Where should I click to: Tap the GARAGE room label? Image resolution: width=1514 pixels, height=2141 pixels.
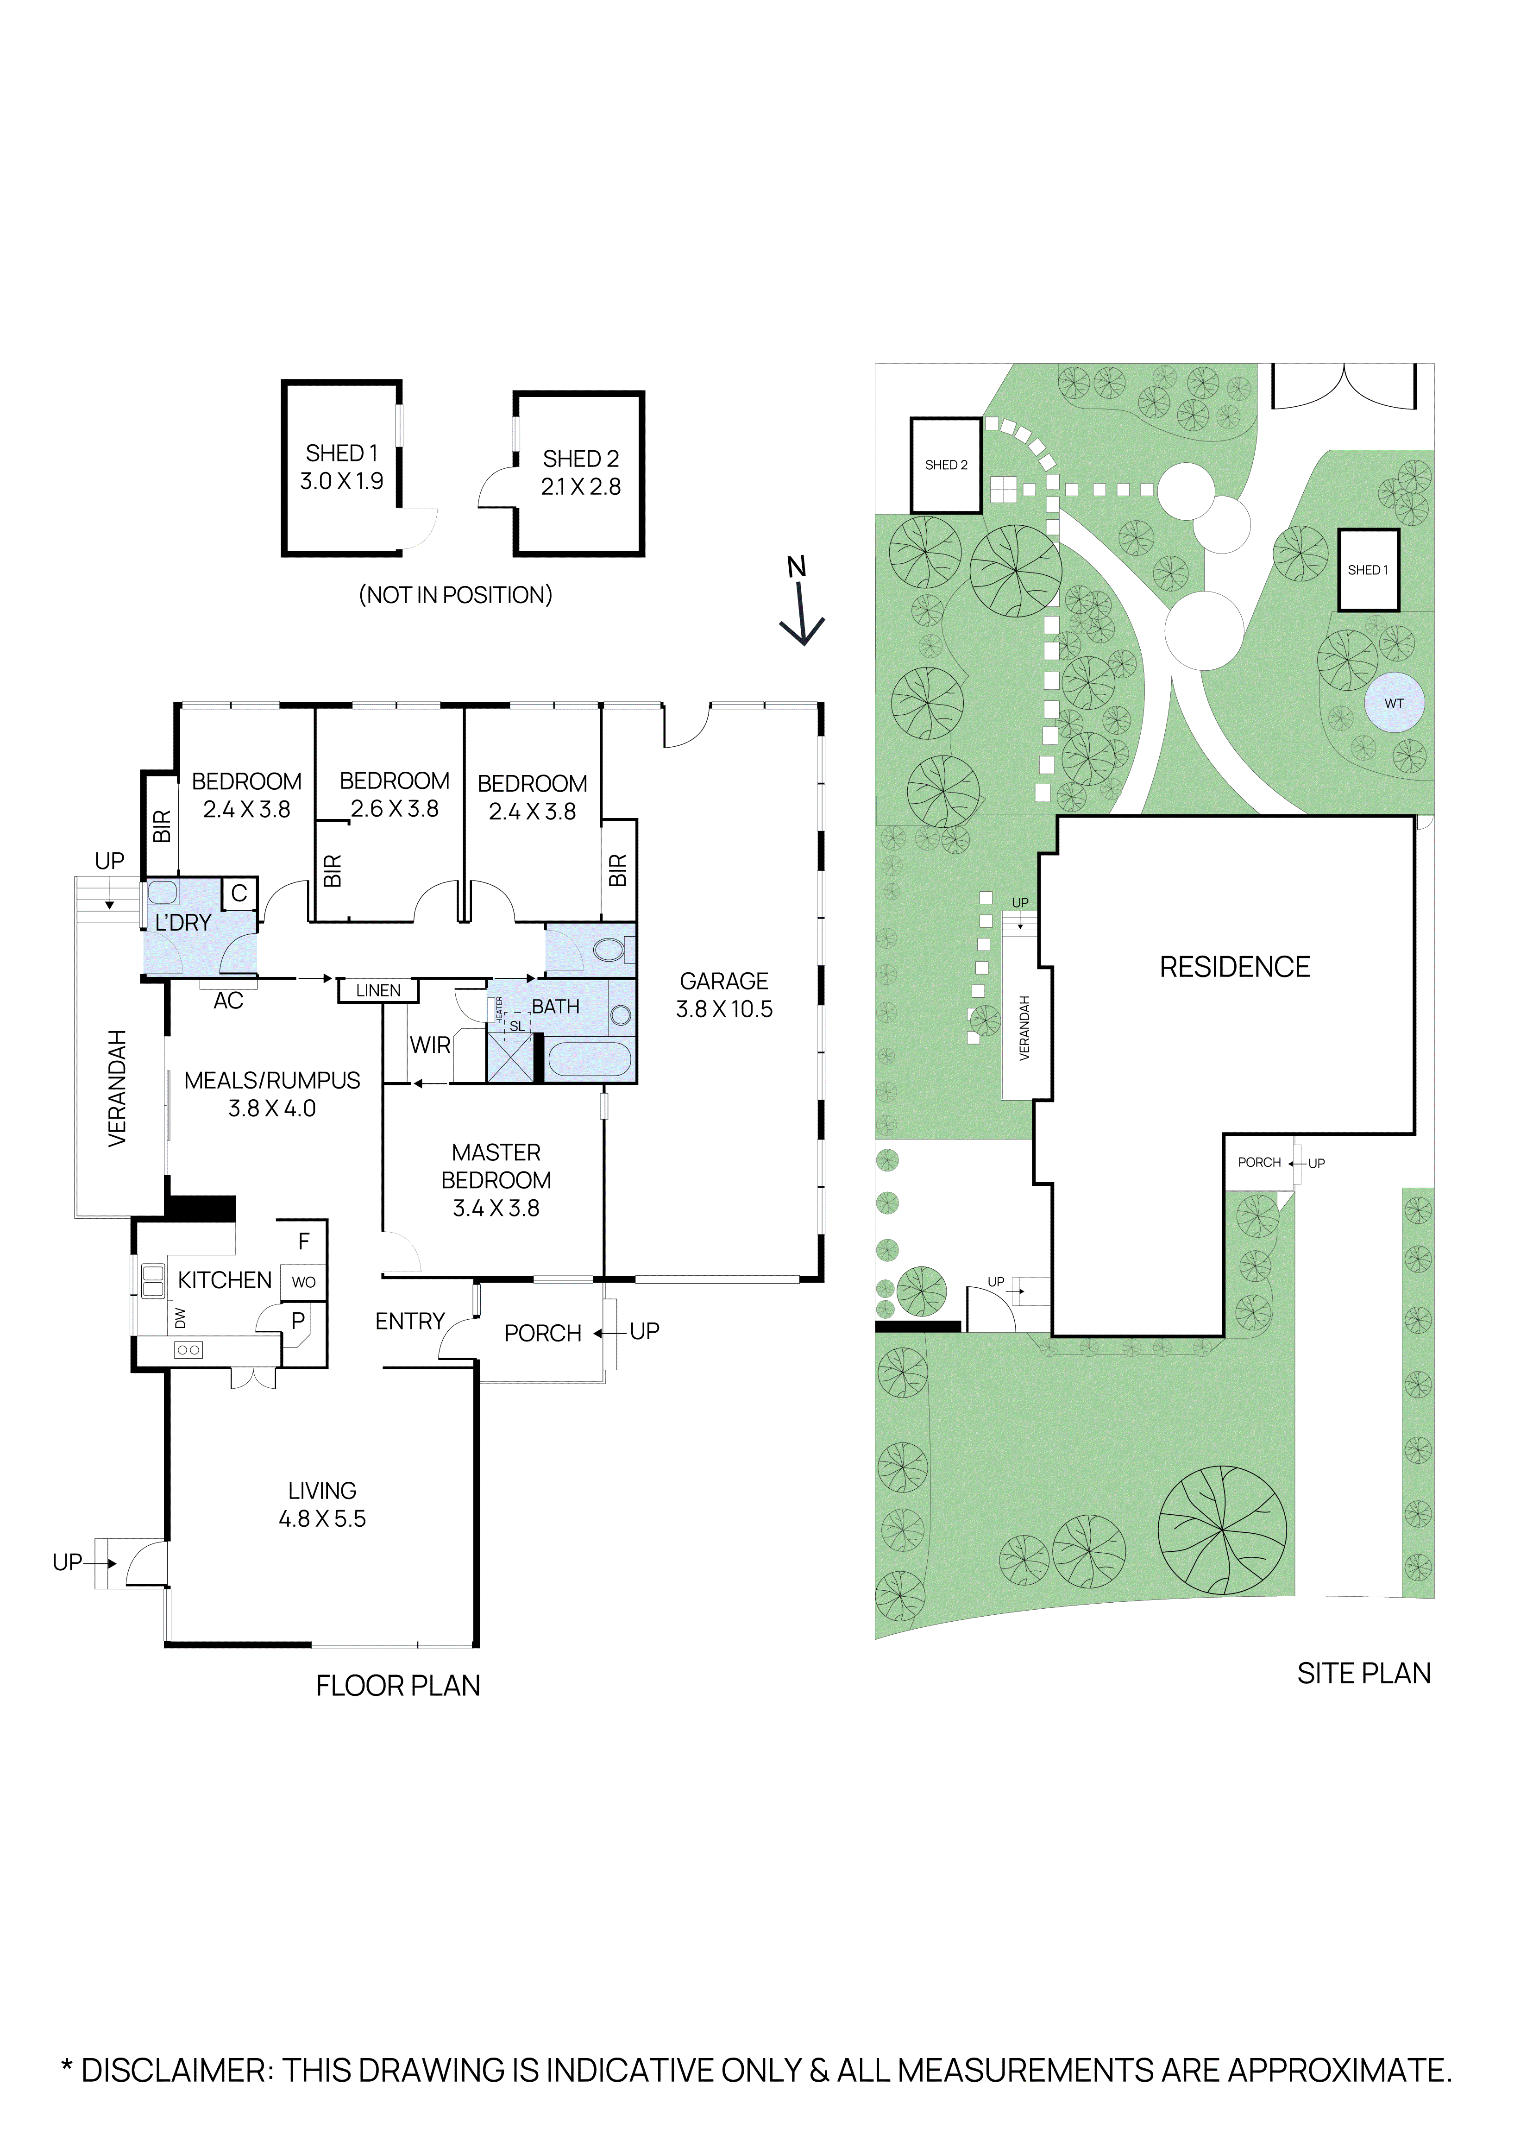pos(723,981)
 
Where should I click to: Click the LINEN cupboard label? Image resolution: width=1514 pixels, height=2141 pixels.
pos(377,990)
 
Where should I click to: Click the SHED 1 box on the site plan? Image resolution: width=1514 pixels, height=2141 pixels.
pos(1368,570)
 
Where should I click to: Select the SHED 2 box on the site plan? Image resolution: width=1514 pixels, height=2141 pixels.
pos(945,465)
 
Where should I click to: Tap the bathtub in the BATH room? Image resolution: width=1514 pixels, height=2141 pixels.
pos(589,1060)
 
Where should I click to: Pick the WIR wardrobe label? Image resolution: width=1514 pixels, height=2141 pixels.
pos(430,1045)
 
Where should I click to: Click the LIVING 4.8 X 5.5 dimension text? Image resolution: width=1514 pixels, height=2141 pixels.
pos(321,1518)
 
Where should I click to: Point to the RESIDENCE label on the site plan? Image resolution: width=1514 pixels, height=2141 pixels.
pos(1234,967)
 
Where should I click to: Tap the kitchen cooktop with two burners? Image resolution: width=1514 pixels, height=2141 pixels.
pos(188,1349)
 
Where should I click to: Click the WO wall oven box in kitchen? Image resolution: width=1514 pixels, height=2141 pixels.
pos(303,1282)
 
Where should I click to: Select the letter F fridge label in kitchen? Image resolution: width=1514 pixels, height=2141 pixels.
pos(303,1241)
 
